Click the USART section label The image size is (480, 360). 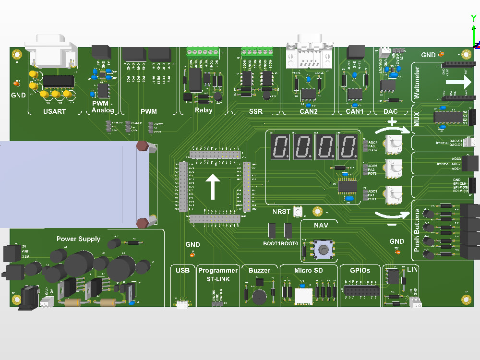point(54,111)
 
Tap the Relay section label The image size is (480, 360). point(204,111)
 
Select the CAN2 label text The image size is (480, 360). point(309,111)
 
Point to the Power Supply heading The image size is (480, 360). point(78,239)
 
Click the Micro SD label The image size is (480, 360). point(309,270)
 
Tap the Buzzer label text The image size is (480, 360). point(259,270)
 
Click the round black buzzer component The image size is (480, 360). point(259,297)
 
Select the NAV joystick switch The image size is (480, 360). point(324,249)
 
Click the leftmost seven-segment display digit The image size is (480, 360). point(279,146)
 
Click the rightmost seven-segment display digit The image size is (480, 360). point(346,146)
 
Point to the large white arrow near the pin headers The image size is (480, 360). point(213,186)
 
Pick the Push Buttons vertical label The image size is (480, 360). point(416,231)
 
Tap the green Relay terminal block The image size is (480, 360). point(203,51)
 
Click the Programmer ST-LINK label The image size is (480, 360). point(218,274)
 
